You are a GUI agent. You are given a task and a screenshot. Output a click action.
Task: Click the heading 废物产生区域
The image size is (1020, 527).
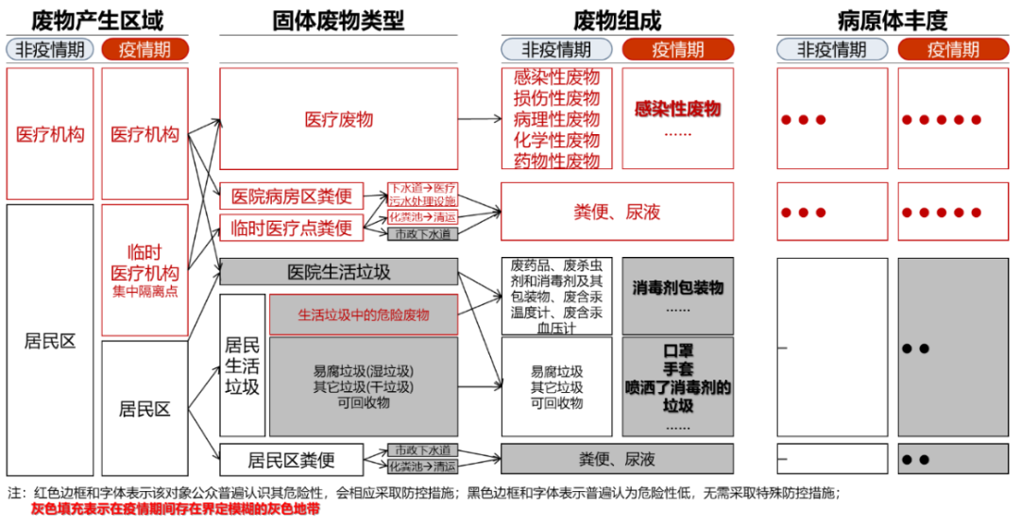[97, 19]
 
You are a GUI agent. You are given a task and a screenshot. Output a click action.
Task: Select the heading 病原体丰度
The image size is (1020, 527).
[892, 19]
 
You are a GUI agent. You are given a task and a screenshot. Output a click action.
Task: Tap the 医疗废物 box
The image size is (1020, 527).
[338, 119]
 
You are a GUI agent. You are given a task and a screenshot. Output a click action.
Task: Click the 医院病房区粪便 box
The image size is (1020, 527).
[292, 196]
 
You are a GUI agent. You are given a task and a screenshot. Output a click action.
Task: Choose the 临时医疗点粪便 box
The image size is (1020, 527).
[292, 227]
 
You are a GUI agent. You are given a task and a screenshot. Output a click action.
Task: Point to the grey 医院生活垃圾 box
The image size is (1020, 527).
[338, 272]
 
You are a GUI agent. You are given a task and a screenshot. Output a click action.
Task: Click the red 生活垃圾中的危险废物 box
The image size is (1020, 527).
[364, 314]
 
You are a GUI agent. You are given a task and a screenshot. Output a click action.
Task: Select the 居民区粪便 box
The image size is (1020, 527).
[292, 460]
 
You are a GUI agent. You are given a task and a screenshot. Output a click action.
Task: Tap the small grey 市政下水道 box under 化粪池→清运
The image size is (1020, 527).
[422, 233]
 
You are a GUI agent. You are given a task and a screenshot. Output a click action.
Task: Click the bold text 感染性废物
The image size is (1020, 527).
[677, 110]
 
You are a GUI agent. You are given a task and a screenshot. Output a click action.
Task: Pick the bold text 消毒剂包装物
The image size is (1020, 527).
[677, 287]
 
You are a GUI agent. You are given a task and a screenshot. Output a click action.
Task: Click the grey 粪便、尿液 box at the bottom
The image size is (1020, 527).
[617, 460]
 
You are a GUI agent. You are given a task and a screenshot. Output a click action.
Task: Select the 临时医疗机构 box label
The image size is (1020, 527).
[144, 263]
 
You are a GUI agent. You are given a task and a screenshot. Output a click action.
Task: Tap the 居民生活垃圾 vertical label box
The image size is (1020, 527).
[242, 364]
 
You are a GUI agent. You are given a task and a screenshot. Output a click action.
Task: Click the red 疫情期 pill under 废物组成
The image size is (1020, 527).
[677, 49]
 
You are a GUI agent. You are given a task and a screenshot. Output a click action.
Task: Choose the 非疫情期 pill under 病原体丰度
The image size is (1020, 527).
[832, 49]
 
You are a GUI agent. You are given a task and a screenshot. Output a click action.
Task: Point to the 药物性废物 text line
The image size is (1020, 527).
[556, 161]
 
